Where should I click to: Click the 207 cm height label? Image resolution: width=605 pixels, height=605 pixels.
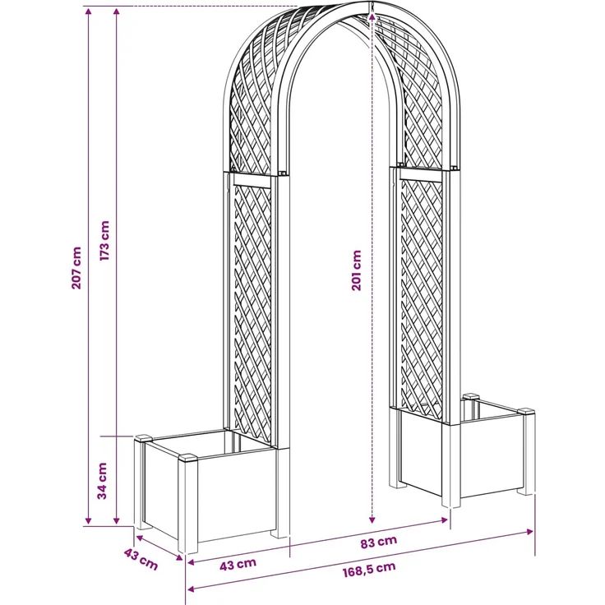click(76, 268)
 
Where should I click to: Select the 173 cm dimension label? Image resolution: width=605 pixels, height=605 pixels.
click(105, 241)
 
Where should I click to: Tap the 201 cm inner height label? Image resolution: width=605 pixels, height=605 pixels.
click(357, 270)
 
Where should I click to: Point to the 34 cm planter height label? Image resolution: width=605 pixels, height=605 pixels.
click(102, 481)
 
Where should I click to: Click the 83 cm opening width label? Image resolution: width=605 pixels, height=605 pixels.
click(379, 542)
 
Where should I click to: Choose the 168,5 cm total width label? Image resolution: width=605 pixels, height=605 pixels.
click(369, 569)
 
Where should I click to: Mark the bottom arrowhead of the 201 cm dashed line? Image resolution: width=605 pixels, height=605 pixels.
click(372, 520)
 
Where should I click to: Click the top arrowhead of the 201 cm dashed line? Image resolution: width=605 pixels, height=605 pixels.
click(372, 16)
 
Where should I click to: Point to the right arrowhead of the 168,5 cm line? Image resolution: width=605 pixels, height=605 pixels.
click(530, 532)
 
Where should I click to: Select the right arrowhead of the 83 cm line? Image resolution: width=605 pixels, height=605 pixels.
click(444, 520)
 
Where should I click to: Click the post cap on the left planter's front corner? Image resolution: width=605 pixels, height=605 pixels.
click(188, 458)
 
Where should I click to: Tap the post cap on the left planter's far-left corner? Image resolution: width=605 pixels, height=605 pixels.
click(143, 438)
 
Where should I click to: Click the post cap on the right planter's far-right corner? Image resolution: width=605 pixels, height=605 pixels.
click(526, 411)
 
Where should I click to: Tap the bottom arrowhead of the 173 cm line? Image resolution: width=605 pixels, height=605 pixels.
click(117, 520)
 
